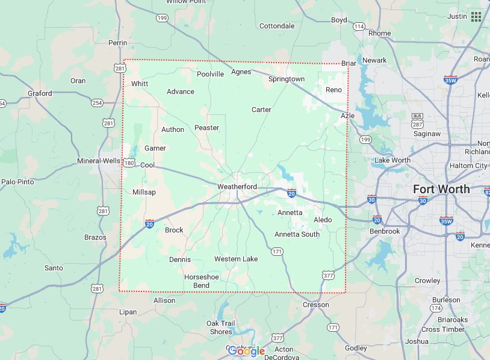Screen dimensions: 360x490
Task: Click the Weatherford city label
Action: click(x=237, y=187)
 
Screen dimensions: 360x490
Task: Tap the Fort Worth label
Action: click(x=441, y=189)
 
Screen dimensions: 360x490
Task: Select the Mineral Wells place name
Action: click(x=99, y=161)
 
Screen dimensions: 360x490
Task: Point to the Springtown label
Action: click(x=286, y=79)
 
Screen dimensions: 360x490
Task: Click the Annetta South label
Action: click(x=297, y=234)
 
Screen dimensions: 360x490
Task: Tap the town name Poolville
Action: click(x=210, y=74)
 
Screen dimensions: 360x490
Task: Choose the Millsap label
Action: click(x=144, y=192)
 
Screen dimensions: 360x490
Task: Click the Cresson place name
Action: click(x=315, y=305)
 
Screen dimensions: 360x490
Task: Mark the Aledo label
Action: click(x=322, y=220)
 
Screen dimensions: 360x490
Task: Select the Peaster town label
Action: click(x=206, y=128)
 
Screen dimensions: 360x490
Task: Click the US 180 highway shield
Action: click(x=129, y=163)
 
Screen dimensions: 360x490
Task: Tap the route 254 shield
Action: click(x=97, y=103)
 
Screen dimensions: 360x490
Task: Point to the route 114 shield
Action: click(x=359, y=26)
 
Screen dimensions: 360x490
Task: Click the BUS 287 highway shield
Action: click(x=417, y=119)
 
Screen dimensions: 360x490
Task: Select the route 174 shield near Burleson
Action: click(x=436, y=308)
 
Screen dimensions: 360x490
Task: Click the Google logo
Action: click(x=246, y=351)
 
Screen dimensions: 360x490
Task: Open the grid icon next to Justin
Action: click(x=476, y=16)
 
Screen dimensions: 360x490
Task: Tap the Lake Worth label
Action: click(x=392, y=160)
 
